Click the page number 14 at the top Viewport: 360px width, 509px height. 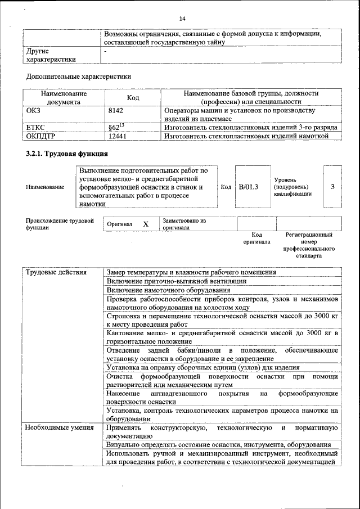coord(182,19)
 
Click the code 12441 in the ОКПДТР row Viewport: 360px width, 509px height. coord(117,136)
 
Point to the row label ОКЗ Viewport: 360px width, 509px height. coord(34,111)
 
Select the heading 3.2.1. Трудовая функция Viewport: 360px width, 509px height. coord(67,154)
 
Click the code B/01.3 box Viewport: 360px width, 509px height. coord(247,187)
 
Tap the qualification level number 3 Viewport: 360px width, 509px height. coord(332,187)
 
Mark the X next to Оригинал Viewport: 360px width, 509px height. coord(146,224)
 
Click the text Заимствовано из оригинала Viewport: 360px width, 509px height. coord(184,224)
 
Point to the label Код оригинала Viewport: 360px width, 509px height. coord(256,238)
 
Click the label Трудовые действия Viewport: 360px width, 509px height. coord(56,272)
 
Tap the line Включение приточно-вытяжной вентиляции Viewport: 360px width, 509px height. coord(176,281)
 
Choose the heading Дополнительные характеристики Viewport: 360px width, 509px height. coord(79,76)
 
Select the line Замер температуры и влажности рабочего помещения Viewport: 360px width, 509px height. coord(191,272)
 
